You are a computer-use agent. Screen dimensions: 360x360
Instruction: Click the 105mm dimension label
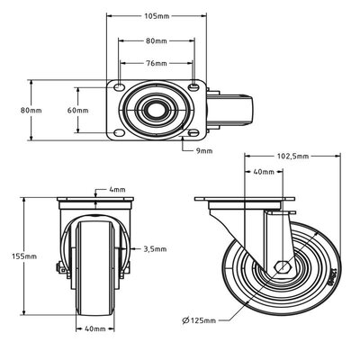click(157, 17)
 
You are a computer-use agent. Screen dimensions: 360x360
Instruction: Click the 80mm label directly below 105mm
click(157, 40)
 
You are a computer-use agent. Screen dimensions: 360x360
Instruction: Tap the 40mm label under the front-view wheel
click(94, 328)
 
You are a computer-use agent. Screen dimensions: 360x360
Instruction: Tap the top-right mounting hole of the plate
click(194, 87)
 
